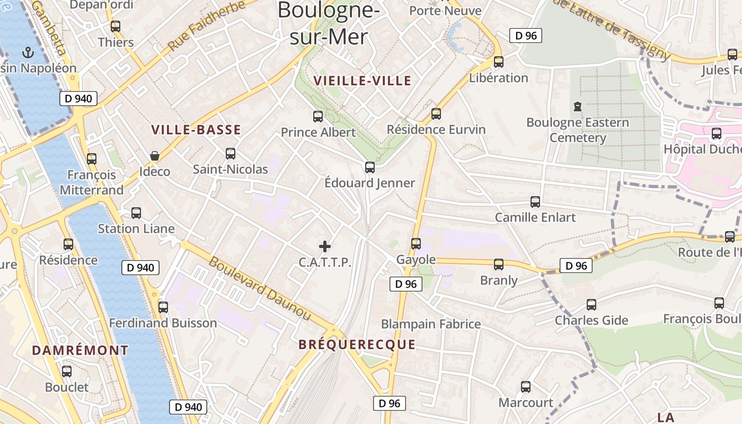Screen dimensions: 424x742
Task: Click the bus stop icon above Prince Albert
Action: [x=318, y=117]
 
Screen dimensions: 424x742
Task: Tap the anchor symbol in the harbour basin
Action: [x=28, y=52]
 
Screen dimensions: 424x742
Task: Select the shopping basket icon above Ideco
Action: [x=155, y=156]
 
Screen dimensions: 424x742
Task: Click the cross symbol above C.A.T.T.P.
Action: [x=325, y=246]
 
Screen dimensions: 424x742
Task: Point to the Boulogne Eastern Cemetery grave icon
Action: [x=578, y=107]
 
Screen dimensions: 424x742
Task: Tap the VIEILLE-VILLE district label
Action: [x=363, y=81]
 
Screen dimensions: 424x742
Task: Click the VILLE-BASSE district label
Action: [x=196, y=130]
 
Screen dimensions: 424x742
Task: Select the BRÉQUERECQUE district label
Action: [x=357, y=344]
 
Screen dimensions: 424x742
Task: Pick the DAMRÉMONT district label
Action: [x=80, y=350]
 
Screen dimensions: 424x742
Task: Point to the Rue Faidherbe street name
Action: [x=207, y=25]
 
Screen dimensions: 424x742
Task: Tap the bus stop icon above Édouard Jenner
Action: [x=370, y=167]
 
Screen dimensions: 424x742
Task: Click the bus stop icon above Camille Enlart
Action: [x=535, y=202]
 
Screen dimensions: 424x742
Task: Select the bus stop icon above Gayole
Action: [x=416, y=244]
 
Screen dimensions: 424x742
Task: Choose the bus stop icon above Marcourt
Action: [x=526, y=387]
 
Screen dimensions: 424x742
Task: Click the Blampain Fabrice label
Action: [x=431, y=324]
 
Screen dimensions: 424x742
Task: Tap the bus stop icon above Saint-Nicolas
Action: [x=231, y=154]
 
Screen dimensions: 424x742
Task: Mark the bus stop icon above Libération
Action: [x=499, y=62]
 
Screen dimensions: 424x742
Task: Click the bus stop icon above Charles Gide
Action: [x=591, y=305]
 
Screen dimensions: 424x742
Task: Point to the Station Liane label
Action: [x=136, y=229]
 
